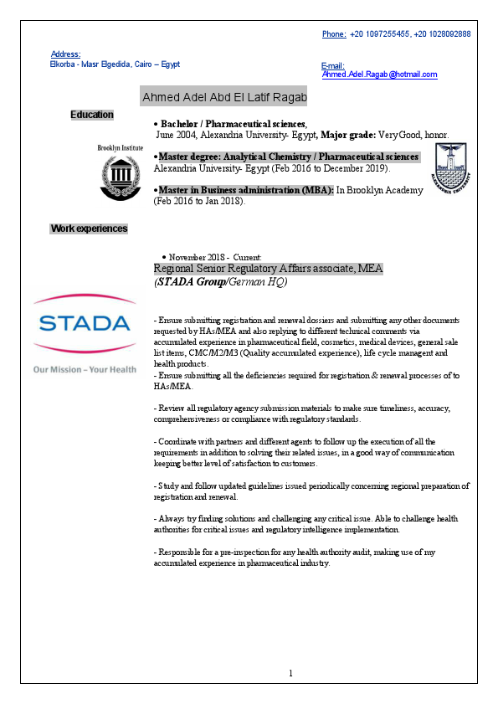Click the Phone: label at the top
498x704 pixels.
[x=334, y=33]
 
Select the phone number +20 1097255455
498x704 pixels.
[x=379, y=33]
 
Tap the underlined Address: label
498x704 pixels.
[x=66, y=54]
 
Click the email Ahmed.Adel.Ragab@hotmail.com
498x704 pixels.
[x=380, y=75]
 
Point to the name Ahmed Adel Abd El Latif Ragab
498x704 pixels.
[x=225, y=98]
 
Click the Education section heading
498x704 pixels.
[x=92, y=114]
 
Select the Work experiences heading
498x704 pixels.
[x=90, y=229]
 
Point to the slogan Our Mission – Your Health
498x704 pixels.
[x=84, y=368]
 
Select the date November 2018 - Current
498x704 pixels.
[x=215, y=257]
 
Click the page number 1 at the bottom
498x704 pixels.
[x=290, y=673]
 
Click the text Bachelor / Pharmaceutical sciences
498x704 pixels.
[x=234, y=123]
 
